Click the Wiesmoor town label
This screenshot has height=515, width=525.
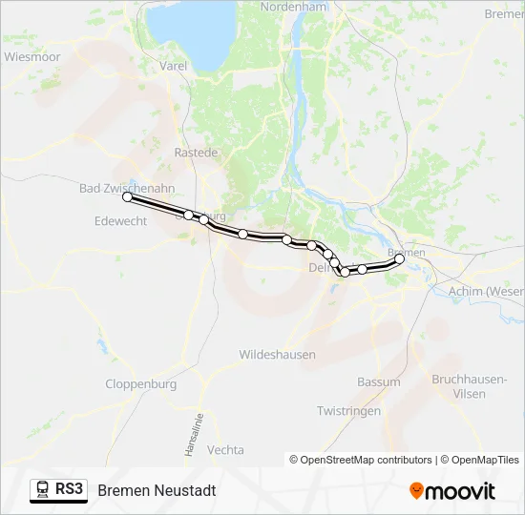[x=32, y=57]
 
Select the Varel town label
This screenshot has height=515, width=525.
[x=174, y=67]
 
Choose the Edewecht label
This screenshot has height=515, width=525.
[x=121, y=220]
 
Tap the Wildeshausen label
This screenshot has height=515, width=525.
[x=277, y=355]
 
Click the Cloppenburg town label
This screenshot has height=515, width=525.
[x=141, y=384]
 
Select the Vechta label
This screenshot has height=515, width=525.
[x=225, y=450]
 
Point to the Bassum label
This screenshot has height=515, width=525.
[x=379, y=382]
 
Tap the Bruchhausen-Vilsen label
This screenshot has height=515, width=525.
[x=469, y=385]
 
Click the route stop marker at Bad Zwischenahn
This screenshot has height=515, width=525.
[x=127, y=196]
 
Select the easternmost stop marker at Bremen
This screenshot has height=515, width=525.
[x=400, y=258]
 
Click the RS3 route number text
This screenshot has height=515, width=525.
[x=70, y=489]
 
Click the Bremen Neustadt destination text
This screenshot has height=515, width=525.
[x=157, y=490]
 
